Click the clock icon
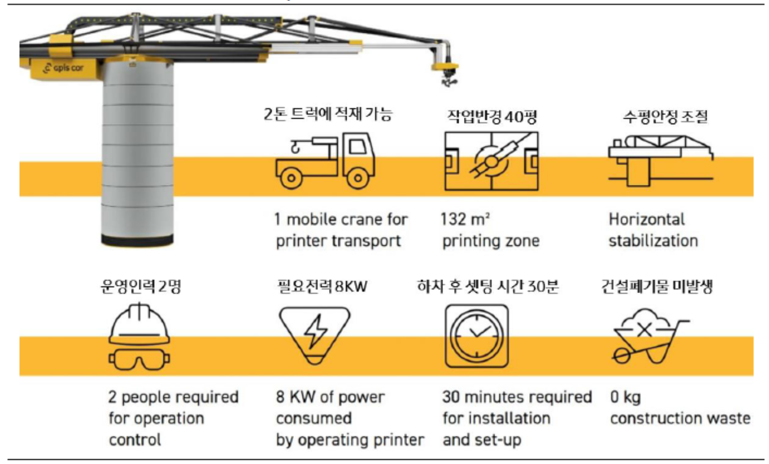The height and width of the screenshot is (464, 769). coord(477,335)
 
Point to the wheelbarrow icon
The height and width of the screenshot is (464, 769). coord(648,338)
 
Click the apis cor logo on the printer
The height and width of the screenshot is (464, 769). coord(63,68)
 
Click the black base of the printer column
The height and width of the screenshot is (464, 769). coord(137,240)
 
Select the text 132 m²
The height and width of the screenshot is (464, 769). coord(465,219)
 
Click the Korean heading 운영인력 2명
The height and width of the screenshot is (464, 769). coord(140,286)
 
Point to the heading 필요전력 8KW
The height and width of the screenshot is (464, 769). coord(322,286)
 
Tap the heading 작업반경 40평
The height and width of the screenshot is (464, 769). coord(492,116)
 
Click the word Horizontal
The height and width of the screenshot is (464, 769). coord(646,219)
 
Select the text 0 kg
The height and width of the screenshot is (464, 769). coord(625,397)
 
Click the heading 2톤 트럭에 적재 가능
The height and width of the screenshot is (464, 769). coord(328,114)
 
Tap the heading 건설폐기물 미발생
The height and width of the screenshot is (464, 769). coord(657,286)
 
